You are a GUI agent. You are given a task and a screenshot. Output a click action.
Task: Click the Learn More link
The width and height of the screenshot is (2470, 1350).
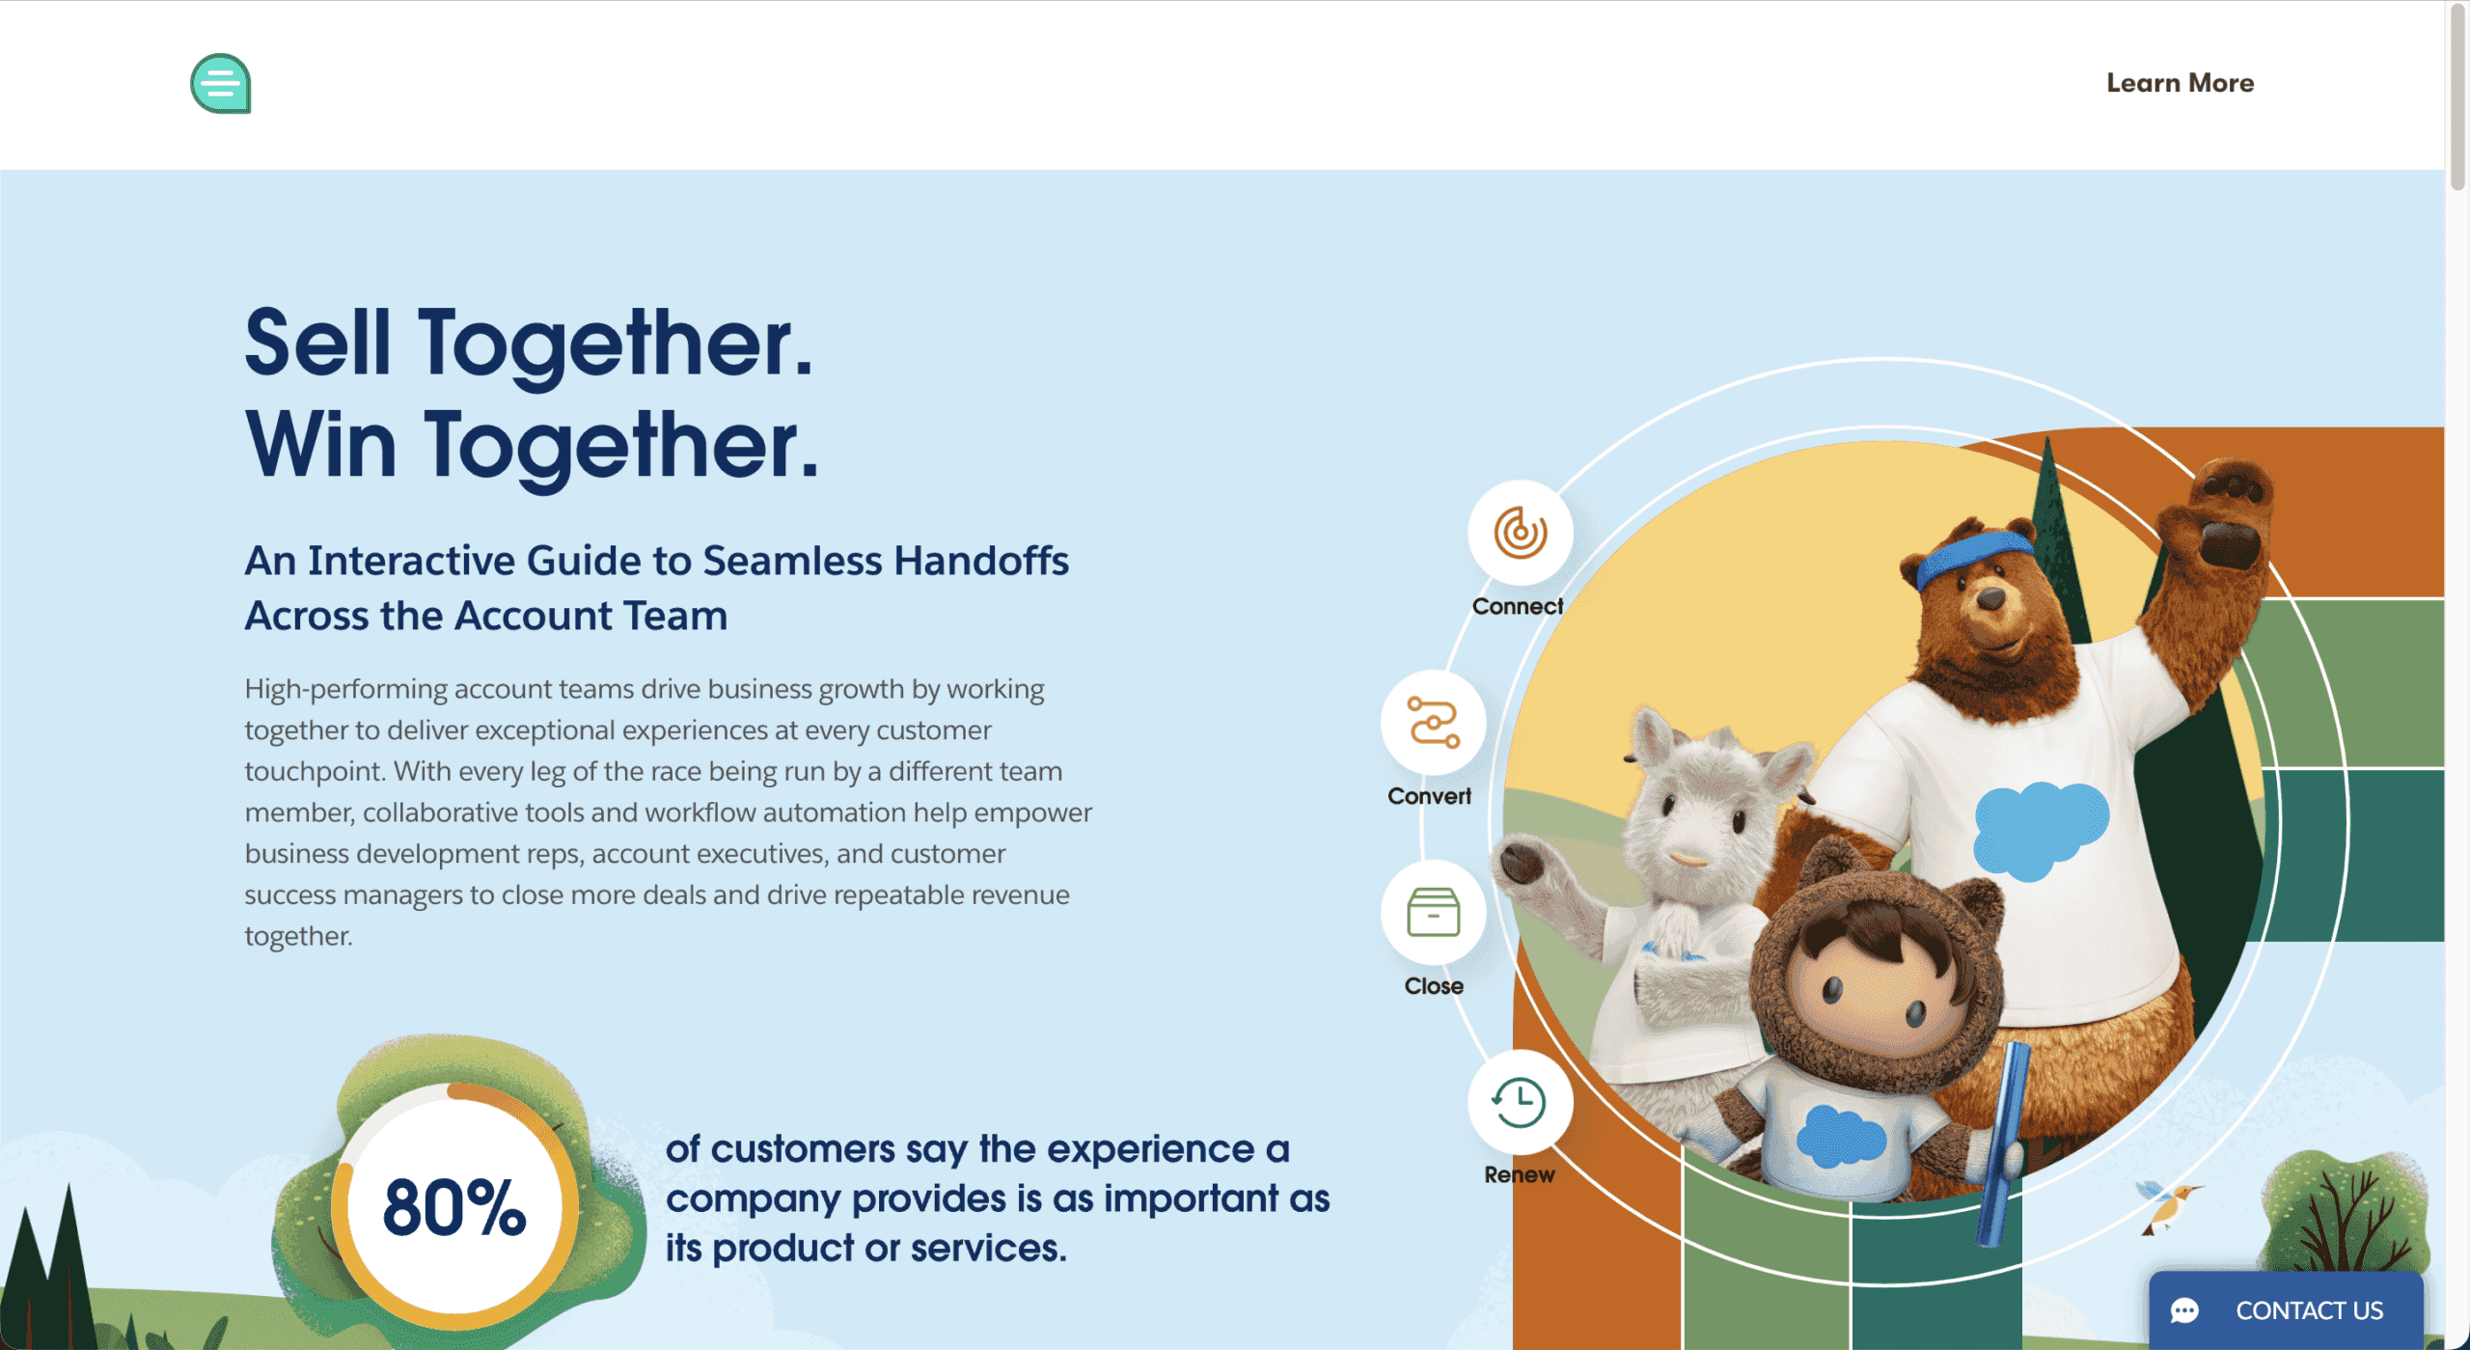pyautogui.click(x=2180, y=83)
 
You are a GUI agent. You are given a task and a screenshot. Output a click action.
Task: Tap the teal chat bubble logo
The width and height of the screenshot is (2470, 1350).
pyautogui.click(x=221, y=84)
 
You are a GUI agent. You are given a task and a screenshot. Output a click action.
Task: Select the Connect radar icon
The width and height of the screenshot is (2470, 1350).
pyautogui.click(x=1520, y=533)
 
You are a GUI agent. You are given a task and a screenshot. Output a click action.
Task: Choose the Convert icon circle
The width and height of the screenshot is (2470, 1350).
pyautogui.click(x=1433, y=723)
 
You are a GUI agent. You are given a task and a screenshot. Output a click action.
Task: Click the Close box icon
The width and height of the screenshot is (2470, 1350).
pyautogui.click(x=1433, y=912)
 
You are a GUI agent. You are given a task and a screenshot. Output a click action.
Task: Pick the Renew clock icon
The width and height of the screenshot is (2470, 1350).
pyautogui.click(x=1520, y=1102)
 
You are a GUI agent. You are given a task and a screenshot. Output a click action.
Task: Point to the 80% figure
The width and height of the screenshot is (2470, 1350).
pyautogui.click(x=454, y=1207)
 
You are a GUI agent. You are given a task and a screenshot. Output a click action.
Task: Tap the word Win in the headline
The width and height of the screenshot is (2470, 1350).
pyautogui.click(x=320, y=445)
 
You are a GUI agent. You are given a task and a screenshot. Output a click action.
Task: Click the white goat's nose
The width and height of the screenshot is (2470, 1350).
pyautogui.click(x=1688, y=857)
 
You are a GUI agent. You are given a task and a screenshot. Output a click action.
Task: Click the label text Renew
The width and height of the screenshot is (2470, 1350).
pyautogui.click(x=1519, y=1174)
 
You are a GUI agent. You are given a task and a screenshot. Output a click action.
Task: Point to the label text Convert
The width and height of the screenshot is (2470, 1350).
pyautogui.click(x=1429, y=796)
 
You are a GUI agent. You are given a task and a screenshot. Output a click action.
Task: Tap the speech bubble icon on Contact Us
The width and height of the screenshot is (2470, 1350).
pyautogui.click(x=2184, y=1310)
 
